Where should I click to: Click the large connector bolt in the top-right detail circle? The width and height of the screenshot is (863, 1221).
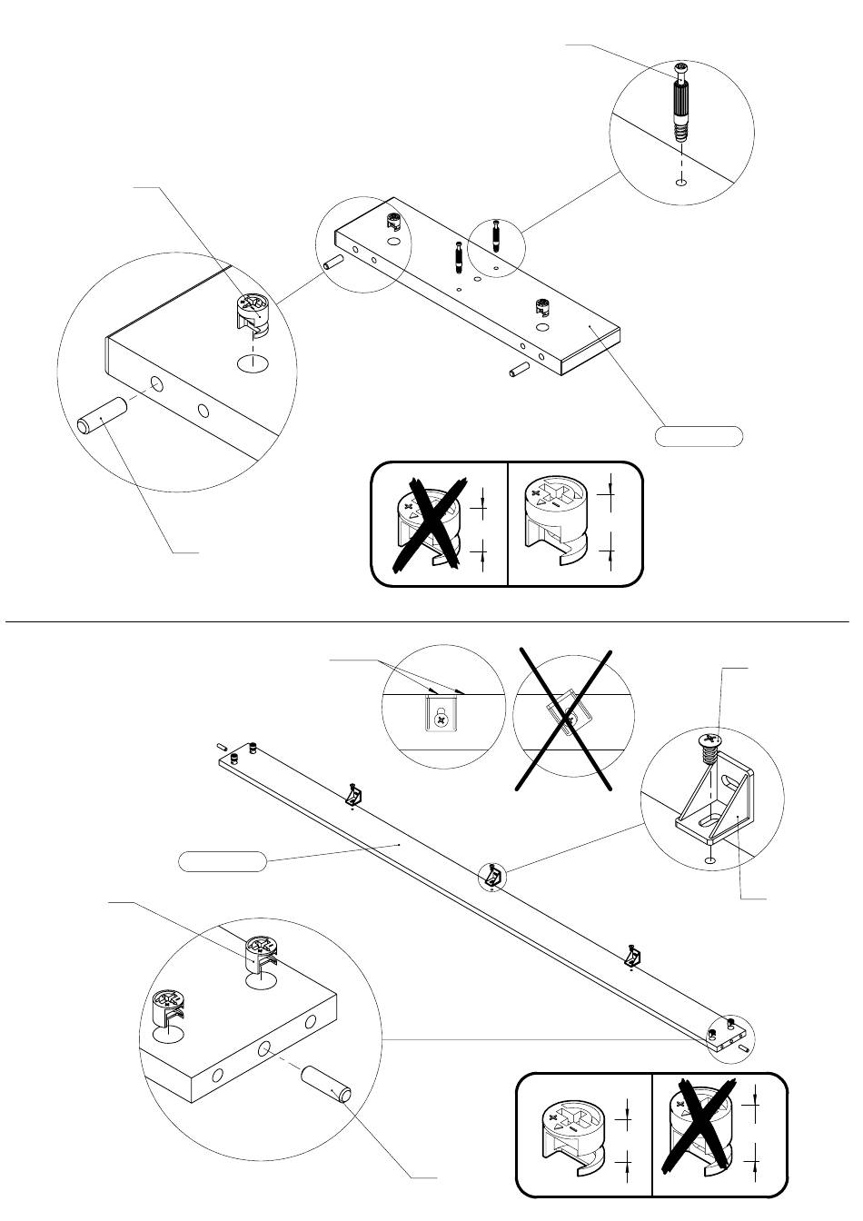682,102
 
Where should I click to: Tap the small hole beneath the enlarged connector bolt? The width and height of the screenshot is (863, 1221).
680,182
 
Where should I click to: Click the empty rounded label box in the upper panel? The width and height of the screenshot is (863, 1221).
699,436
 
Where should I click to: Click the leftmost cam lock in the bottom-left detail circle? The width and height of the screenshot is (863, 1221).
169,1011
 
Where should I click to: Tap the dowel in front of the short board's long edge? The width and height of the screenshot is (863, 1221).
519,371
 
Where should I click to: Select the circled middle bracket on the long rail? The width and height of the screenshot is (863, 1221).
491,877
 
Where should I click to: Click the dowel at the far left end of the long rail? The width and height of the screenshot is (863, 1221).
223,746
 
